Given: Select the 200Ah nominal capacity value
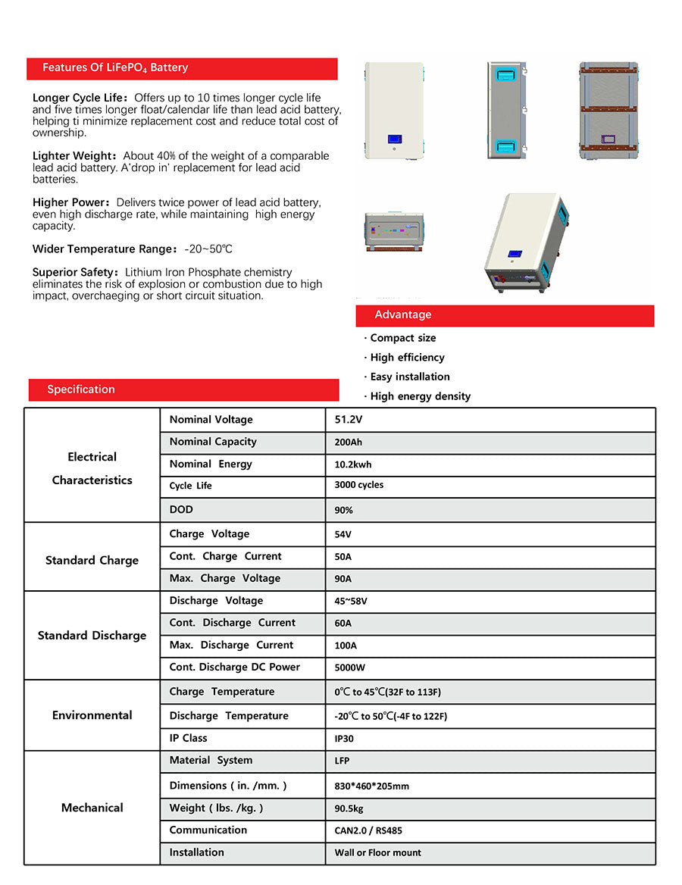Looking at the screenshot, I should pyautogui.click(x=349, y=442).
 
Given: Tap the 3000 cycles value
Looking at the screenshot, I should pyautogui.click(x=358, y=485).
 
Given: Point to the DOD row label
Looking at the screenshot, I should pyautogui.click(x=181, y=510).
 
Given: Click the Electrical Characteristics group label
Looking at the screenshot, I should pyautogui.click(x=92, y=468).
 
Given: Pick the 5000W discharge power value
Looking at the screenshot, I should pyautogui.click(x=349, y=668).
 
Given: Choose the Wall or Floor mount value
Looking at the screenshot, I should pyautogui.click(x=377, y=852).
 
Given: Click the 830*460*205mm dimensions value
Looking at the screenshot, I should pyautogui.click(x=371, y=786).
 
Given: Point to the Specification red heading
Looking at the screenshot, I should pyautogui.click(x=81, y=389).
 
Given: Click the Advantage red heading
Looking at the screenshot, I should pyautogui.click(x=402, y=315).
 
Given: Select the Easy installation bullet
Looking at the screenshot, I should pyautogui.click(x=409, y=377).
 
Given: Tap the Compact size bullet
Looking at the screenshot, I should pyautogui.click(x=402, y=338).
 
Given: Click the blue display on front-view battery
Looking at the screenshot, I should pyautogui.click(x=394, y=139).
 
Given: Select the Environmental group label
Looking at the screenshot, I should pyautogui.click(x=92, y=715).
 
